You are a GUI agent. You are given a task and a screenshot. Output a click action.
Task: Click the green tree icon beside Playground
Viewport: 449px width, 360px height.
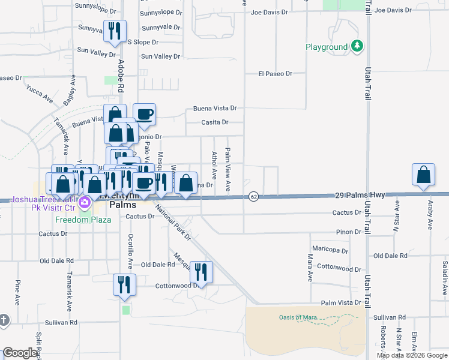tap(357, 46)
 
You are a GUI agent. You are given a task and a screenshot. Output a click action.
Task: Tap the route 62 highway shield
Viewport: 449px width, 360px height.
tap(254, 196)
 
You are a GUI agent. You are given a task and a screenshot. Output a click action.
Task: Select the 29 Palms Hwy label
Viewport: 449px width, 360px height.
tap(359, 196)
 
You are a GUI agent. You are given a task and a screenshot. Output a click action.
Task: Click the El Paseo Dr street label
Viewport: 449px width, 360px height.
tap(275, 74)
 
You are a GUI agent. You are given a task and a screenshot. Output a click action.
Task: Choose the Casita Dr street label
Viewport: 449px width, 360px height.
tap(215, 122)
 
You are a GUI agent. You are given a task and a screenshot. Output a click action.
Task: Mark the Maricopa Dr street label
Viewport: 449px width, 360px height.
tap(330, 248)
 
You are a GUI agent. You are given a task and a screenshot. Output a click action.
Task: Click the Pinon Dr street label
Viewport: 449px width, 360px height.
tap(348, 232)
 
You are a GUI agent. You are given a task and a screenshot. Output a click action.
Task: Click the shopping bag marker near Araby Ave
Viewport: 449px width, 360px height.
tap(424, 175)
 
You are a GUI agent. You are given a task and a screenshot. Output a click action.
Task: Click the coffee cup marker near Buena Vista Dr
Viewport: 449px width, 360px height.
tap(144, 113)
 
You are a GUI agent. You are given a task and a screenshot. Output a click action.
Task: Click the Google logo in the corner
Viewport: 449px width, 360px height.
tap(20, 353)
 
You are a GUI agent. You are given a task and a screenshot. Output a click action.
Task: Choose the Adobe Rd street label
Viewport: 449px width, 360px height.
tap(121, 75)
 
